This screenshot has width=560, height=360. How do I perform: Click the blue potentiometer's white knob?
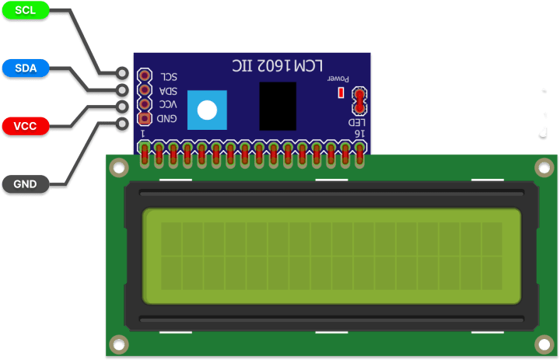pyautogui.click(x=207, y=110)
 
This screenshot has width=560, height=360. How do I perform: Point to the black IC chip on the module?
pyautogui.click(x=277, y=106)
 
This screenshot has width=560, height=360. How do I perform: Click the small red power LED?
pyautogui.click(x=340, y=93)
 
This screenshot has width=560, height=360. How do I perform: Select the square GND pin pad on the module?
pyautogui.click(x=145, y=119)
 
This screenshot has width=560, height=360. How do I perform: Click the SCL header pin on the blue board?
pyautogui.click(x=145, y=76)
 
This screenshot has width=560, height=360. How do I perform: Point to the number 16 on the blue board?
pyautogui.click(x=359, y=134)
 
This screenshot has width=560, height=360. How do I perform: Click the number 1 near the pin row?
pyautogui.click(x=143, y=134)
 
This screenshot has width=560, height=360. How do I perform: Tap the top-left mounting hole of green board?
pyautogui.click(x=118, y=166)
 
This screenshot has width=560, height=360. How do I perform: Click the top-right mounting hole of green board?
pyautogui.click(x=545, y=166)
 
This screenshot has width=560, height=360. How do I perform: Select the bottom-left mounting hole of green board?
pyautogui.click(x=118, y=343)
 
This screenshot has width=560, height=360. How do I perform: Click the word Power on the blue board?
pyautogui.click(x=338, y=79)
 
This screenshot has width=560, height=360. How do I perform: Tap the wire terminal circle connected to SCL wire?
pyautogui.click(x=122, y=74)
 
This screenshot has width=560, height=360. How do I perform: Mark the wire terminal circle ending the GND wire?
pyautogui.click(x=122, y=124)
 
